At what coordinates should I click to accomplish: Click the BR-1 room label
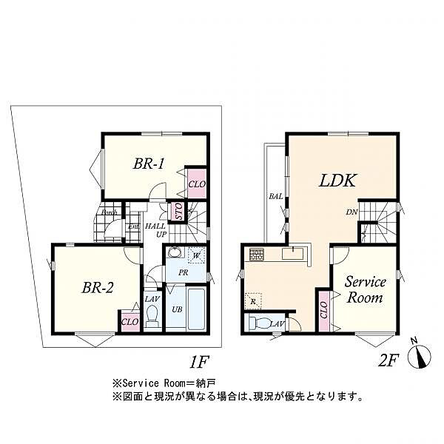[x=148, y=164]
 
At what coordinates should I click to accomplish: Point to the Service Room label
[x=366, y=289]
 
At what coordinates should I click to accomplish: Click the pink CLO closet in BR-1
[x=196, y=183]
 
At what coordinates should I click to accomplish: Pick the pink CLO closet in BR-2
[x=129, y=321]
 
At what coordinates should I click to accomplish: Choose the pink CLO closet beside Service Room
[x=323, y=309]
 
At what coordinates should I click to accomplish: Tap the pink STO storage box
[x=178, y=212]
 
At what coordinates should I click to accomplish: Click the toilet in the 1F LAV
[x=152, y=317]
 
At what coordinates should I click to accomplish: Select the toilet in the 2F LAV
[x=259, y=323]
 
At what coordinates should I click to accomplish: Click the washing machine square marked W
[x=196, y=255]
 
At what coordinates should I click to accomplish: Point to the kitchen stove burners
[x=257, y=255]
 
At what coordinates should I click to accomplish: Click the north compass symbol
[x=420, y=357]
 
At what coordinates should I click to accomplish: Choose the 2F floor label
[x=388, y=360]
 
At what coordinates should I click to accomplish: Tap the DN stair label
[x=352, y=212]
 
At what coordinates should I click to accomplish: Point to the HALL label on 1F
[x=155, y=226]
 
